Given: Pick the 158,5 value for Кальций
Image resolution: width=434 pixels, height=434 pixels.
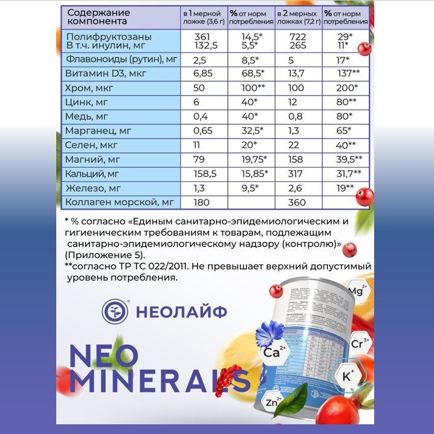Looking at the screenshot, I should click(x=201, y=174).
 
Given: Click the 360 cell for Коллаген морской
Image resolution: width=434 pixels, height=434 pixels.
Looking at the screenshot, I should click(x=290, y=203).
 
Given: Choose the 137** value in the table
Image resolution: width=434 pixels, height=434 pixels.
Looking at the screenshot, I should click(x=348, y=74).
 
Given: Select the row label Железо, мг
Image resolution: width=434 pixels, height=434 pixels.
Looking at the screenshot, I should click(x=91, y=189).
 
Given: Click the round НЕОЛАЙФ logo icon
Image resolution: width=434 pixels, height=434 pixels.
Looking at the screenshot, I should click(x=115, y=311).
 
